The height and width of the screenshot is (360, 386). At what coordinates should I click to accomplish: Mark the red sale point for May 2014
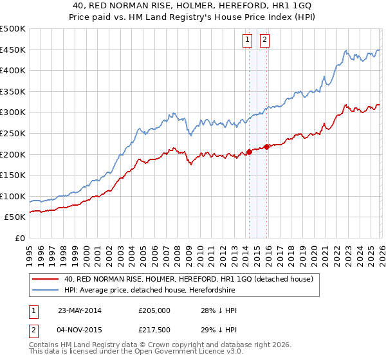click(249, 152)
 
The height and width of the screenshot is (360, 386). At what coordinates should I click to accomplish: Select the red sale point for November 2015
click(266, 147)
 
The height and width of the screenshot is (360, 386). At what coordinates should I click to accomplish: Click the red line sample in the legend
click(45, 279)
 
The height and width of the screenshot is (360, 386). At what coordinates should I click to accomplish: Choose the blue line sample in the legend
click(45, 291)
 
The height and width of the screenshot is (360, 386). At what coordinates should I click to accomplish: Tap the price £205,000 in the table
click(154, 310)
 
